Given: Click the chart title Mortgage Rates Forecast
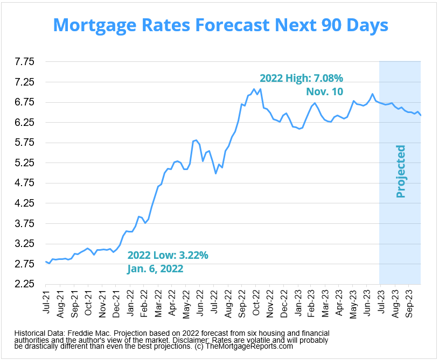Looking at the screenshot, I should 219,25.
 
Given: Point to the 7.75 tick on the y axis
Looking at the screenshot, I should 24,62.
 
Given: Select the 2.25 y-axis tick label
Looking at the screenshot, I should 24,284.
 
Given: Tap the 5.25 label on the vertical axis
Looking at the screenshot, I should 24,163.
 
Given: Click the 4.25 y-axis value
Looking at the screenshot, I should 24,203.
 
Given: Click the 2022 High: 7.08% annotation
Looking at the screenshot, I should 301,77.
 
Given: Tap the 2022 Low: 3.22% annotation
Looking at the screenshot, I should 168,255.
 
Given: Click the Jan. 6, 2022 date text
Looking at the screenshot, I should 155,269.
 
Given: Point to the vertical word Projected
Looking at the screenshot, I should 400,171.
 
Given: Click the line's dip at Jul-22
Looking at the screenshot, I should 215,173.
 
